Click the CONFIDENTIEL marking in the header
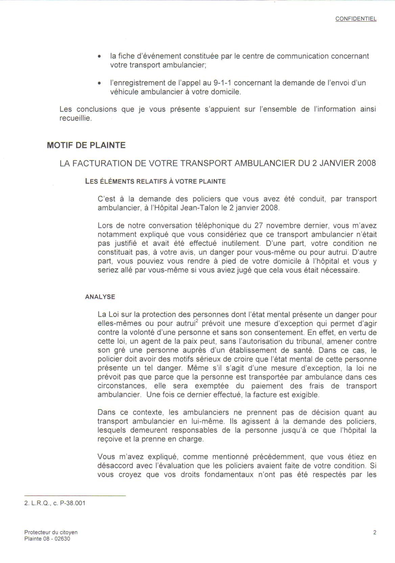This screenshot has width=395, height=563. [356, 19]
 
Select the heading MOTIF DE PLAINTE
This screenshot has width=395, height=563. [86, 145]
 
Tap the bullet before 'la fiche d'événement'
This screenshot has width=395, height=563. [99, 57]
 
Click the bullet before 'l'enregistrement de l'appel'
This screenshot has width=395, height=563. [99, 83]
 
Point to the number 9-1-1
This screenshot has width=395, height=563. [223, 83]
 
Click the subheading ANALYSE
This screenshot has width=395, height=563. [100, 297]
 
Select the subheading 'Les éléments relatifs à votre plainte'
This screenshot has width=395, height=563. [155, 181]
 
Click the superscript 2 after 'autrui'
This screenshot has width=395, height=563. [197, 321]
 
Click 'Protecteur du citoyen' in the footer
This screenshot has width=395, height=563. [51, 532]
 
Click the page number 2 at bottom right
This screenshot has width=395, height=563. [375, 533]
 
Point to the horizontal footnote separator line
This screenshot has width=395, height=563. [75, 496]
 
